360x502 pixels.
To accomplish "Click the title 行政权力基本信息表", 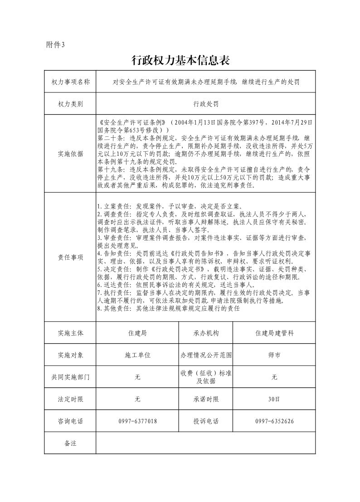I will point(181,60).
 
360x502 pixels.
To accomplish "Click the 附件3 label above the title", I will point(56,44).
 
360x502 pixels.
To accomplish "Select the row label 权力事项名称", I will point(70,82).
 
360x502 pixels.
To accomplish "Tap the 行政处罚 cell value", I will point(206,104).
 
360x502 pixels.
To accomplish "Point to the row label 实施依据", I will point(70,154).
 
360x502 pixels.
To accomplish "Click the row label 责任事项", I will point(70,257).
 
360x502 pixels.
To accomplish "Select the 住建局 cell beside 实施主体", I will point(137,333).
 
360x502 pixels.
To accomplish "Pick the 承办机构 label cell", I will point(206,333).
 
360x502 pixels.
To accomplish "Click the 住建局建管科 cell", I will point(274,333).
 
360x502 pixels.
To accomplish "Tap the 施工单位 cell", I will point(137,355).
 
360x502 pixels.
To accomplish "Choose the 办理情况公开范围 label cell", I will point(206,355).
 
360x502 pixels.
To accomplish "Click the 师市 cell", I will point(274,355).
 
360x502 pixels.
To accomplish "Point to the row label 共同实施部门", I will point(70,377).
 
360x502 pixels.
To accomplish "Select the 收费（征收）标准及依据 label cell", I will point(206,377).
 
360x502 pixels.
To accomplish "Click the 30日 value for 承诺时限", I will point(274,399).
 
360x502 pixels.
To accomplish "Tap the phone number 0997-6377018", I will point(137,421).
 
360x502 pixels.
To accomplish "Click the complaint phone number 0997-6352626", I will point(274,421).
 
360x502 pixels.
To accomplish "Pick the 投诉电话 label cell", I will point(206,421).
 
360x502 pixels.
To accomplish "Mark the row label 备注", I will point(70,443).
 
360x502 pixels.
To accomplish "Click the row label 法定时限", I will point(70,399).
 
